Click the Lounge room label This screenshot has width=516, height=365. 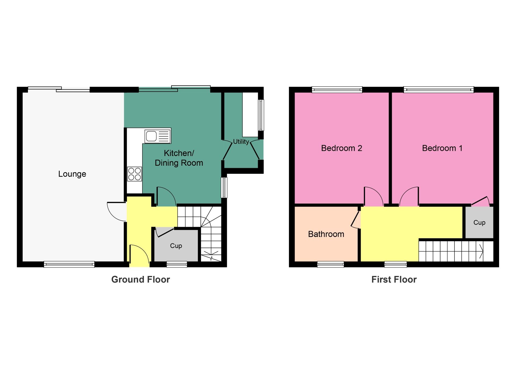(72, 174)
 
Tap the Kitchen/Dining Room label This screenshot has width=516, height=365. (179, 158)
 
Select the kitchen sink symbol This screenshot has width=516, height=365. (158, 136)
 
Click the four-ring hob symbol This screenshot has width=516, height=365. (134, 174)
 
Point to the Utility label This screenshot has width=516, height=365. (241, 141)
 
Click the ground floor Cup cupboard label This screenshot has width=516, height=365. (176, 246)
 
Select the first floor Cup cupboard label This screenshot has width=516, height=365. (479, 222)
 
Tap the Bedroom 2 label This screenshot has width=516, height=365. (342, 148)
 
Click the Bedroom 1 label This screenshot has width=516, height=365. (442, 148)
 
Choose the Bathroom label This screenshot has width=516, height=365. (326, 234)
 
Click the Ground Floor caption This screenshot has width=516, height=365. (141, 279)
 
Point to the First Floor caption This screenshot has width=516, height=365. (394, 279)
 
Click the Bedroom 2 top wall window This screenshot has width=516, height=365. (337, 90)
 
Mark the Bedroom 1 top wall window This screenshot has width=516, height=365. (439, 90)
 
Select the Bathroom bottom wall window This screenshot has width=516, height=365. (331, 264)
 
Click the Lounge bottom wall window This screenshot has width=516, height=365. (69, 264)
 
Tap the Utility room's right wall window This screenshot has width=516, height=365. (261, 115)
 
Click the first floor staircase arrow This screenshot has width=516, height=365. (481, 251)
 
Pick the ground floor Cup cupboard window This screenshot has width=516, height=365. (177, 264)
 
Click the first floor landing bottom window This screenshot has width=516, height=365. (396, 264)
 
